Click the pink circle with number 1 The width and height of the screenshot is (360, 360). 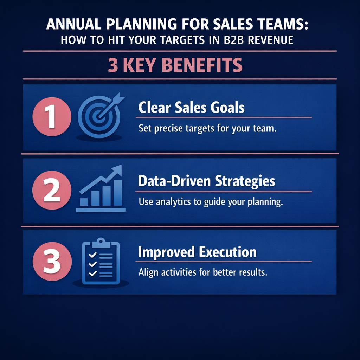click(52, 117)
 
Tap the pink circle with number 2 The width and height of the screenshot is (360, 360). click(52, 191)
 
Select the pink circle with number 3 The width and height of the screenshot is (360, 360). click(52, 262)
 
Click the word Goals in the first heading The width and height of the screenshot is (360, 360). click(227, 108)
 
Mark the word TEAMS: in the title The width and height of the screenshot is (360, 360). click(285, 26)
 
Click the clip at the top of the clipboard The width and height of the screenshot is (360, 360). click(101, 242)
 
